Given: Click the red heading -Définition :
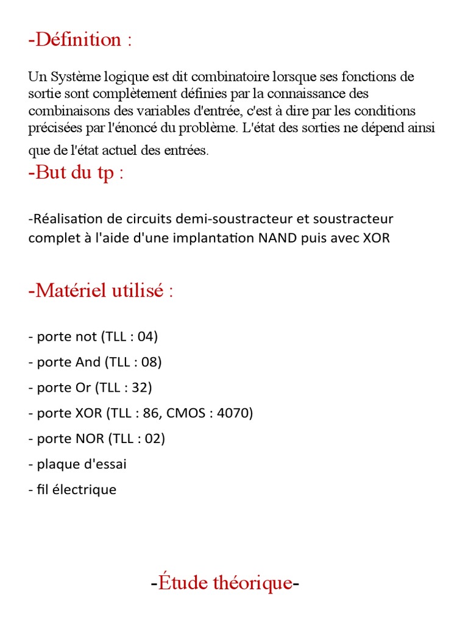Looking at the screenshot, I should pyautogui.click(x=80, y=40).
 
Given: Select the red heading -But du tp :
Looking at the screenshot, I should pyautogui.click(x=76, y=172).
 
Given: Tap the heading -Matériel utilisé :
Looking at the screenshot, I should pyautogui.click(x=101, y=291).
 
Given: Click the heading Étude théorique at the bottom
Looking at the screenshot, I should pyautogui.click(x=225, y=583).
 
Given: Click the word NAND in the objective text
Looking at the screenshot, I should pyautogui.click(x=277, y=238).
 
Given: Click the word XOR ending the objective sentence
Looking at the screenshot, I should pyautogui.click(x=376, y=238).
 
